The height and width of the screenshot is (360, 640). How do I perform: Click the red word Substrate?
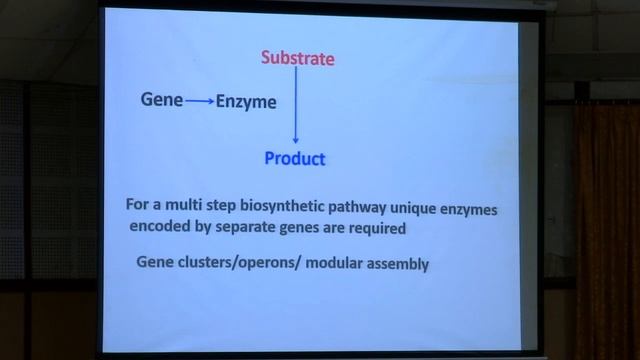pos(297,58)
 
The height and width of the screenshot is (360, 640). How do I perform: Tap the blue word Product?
pos(295,159)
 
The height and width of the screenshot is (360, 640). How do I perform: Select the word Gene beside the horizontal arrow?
pos(161,100)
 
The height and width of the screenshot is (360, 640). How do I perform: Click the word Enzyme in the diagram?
pos(246,101)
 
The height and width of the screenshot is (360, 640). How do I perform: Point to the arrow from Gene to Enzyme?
pos(199,101)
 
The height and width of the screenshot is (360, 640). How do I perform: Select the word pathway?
pos(346,205)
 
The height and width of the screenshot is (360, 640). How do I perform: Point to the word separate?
pos(249,227)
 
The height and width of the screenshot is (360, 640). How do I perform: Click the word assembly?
pos(400,264)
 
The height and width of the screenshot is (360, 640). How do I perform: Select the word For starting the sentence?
pos(137,204)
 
